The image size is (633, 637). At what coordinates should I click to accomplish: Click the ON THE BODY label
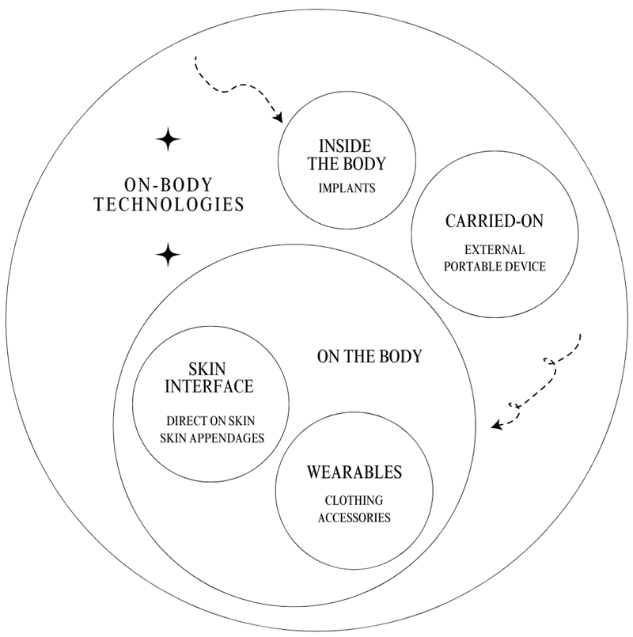click(369, 356)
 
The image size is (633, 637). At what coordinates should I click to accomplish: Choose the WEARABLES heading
click(354, 473)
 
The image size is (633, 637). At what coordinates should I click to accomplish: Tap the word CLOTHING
click(354, 501)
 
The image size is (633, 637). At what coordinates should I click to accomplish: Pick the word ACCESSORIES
click(354, 518)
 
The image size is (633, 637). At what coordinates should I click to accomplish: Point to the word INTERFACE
click(210, 387)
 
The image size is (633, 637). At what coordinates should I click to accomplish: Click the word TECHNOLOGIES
click(169, 203)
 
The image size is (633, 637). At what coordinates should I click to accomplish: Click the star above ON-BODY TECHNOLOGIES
click(167, 140)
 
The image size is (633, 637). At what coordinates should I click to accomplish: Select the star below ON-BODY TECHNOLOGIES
click(167, 255)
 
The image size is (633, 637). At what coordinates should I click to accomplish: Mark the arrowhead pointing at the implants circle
click(279, 119)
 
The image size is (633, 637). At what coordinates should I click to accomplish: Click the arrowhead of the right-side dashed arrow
click(496, 425)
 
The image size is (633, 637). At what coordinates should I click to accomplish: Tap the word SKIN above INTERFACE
click(210, 369)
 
